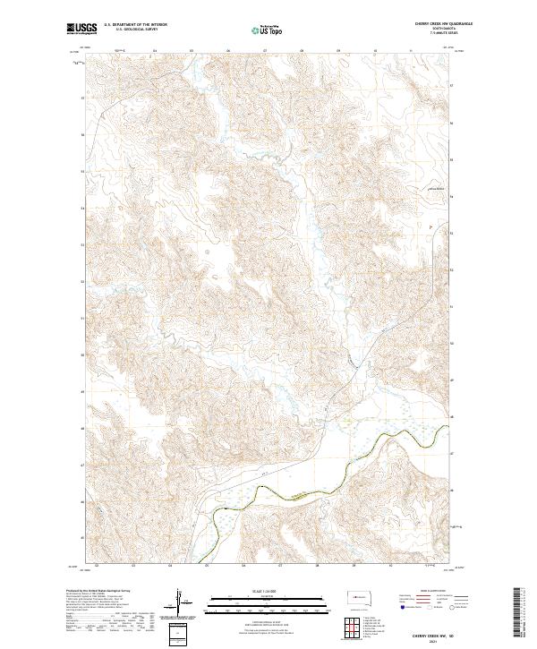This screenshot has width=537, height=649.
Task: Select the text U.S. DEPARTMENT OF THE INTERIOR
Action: tap(135, 25)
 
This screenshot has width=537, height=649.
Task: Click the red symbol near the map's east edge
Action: tap(431, 227)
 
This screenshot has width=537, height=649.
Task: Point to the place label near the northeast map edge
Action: tap(434, 189)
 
